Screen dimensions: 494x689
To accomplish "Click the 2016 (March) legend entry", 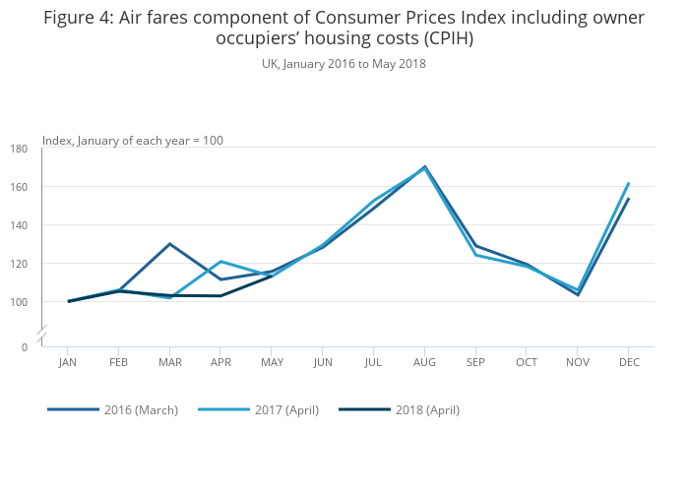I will pos(140,409).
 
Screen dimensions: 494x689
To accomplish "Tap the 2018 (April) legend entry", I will pos(426,409).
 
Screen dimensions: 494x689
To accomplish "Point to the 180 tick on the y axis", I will pos(19,149).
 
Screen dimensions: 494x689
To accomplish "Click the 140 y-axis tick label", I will pos(19,225).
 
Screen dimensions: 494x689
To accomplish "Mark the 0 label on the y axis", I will pos(25,347).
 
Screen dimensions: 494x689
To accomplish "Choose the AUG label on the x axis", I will pos(424,363).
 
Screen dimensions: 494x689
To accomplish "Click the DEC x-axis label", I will pos(629,363).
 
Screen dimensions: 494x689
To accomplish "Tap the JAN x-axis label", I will pos(68,363).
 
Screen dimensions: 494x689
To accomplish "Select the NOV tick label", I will pos(578,363).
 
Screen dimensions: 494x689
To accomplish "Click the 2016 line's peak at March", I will pos(170,244).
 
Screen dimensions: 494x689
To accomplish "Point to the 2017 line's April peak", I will pos(220,261).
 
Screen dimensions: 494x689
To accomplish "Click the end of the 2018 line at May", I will pos(272,277).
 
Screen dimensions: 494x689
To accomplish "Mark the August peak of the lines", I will pos(424,167).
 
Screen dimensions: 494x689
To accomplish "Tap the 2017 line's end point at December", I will pos(629,183).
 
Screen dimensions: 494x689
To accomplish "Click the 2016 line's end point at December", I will pos(629,199).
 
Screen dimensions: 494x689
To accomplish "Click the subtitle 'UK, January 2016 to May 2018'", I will pos(344,64).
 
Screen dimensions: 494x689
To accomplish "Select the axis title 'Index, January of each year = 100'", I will pos(133,141).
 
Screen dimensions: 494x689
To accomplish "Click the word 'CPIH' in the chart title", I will pos(448,39).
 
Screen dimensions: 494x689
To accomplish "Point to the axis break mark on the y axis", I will pos(42,336).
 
